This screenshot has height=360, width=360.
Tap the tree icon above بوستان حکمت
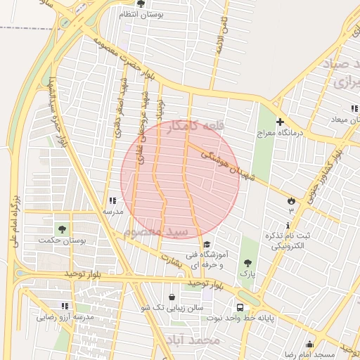(x=63, y=229)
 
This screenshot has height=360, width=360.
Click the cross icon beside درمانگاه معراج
(x=280, y=122)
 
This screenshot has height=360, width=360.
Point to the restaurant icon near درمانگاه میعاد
(x=354, y=109)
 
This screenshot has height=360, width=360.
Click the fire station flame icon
(x=291, y=201)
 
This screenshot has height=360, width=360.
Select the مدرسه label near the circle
(x=113, y=211)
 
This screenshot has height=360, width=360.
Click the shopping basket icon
(x=173, y=297)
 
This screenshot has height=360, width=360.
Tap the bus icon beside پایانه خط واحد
(x=240, y=307)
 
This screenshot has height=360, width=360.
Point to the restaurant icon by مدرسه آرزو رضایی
(x=65, y=306)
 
